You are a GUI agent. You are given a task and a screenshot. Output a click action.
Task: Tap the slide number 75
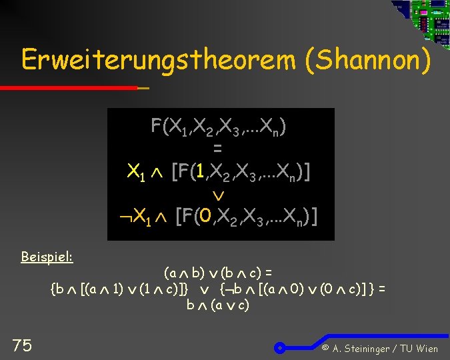(22, 345)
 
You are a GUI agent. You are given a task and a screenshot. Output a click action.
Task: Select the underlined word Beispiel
(47, 257)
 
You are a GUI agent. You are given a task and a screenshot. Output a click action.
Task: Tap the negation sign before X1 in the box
(125, 217)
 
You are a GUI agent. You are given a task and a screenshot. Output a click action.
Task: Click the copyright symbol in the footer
(325, 348)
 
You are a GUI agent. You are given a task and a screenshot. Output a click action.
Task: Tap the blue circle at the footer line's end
(281, 347)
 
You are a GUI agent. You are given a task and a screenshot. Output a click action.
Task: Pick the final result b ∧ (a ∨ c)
(217, 305)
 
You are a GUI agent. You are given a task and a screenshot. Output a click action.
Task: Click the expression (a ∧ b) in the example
(183, 273)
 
